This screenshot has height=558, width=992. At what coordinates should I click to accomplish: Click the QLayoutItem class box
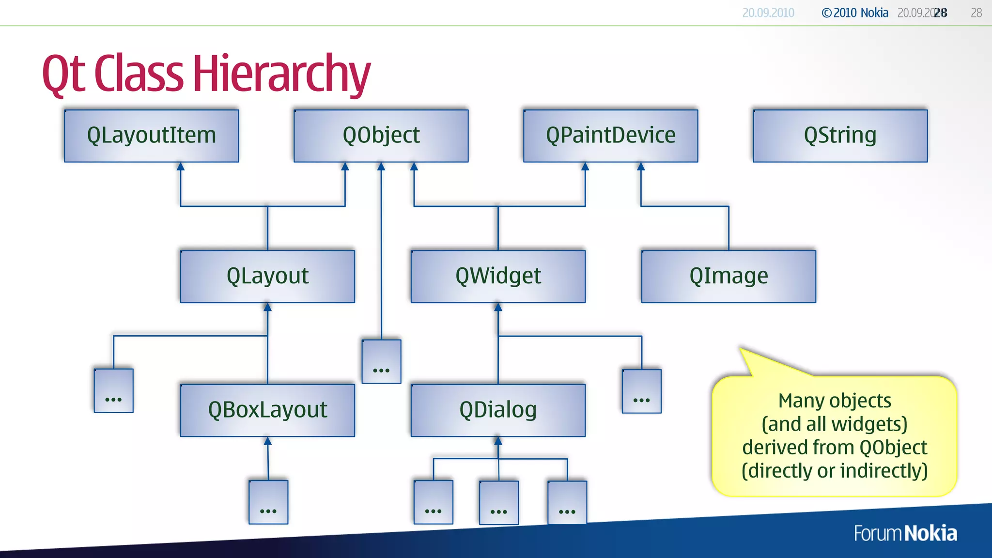151,136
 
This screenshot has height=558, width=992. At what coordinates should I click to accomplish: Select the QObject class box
381,136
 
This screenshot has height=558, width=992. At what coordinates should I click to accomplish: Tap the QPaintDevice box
610,136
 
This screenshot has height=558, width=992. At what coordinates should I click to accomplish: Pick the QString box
840,136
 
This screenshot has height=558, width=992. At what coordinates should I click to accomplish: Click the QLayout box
267,277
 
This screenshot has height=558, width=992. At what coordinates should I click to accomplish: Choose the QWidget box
498,277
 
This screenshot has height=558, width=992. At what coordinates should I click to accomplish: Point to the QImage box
728,277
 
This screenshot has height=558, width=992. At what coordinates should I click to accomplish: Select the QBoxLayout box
267,410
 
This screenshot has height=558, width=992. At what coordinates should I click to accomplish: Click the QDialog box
498,410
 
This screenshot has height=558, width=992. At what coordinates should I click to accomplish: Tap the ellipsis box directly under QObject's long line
381,361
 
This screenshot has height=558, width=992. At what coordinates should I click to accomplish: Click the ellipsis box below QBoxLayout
268,502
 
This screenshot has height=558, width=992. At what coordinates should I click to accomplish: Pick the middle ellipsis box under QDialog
498,502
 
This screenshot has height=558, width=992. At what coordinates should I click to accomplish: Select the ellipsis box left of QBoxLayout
113,390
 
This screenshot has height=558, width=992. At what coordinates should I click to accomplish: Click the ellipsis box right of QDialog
641,391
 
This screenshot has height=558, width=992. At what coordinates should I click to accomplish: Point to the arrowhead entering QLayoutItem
181,167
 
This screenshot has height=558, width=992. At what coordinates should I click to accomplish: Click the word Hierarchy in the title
281,74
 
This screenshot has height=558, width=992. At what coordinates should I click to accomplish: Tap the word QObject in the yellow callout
893,448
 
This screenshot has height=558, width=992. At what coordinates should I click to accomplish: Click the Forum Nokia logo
905,533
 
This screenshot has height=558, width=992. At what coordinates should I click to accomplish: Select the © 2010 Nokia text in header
855,13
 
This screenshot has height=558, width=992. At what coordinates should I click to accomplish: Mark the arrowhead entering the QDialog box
498,441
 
